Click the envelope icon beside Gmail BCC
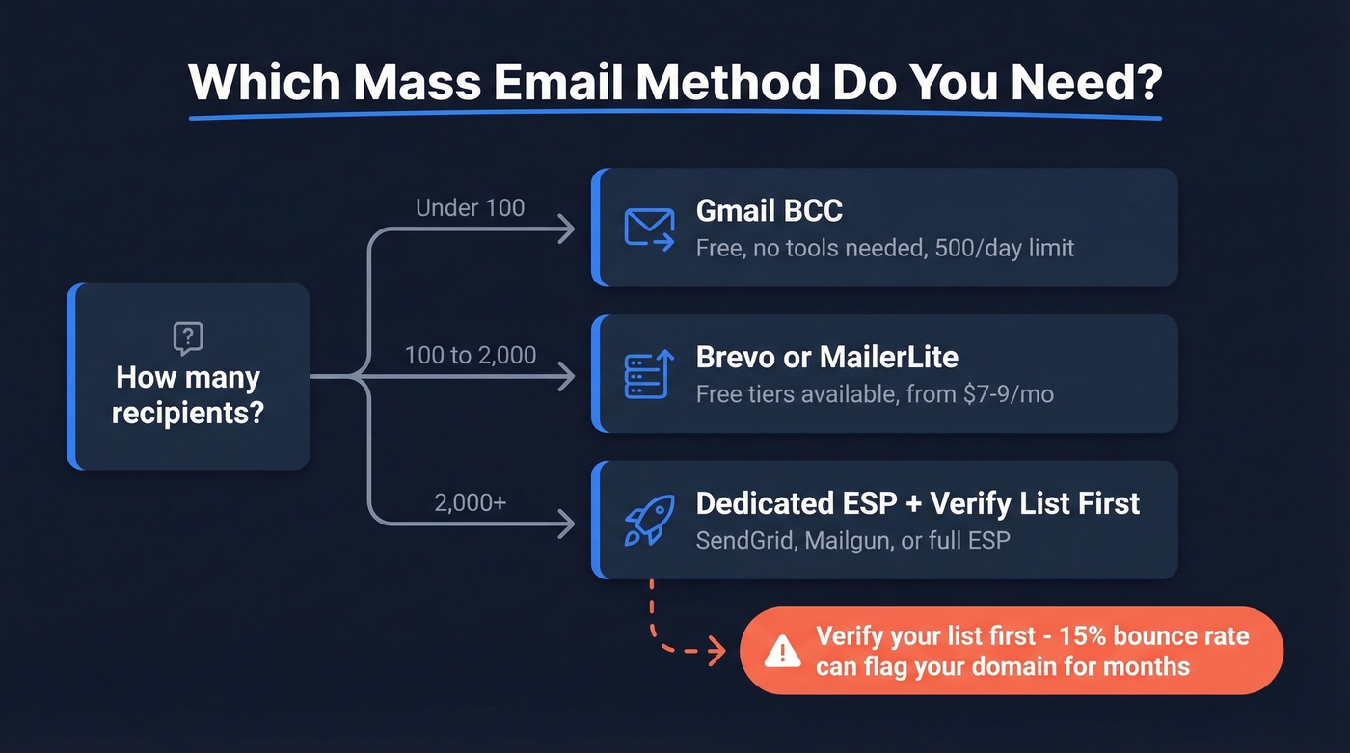coord(649,229)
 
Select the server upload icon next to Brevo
coord(648,375)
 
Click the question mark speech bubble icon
coord(188,338)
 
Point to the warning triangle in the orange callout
coord(782,653)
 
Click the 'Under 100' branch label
coord(470,207)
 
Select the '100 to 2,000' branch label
coord(470,355)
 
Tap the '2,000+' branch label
coord(470,501)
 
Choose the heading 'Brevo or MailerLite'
coord(826,358)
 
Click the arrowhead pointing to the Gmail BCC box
coord(568,229)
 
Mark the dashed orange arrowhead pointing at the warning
coord(716,652)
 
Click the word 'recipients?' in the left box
coord(188,413)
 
